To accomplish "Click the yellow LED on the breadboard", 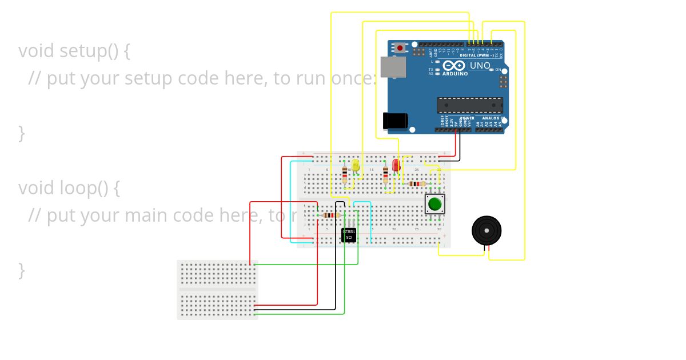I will click(356, 166).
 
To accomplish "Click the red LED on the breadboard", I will click(396, 166).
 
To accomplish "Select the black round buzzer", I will click(486, 230).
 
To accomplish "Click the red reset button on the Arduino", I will click(400, 48).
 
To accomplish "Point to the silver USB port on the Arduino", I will click(393, 67).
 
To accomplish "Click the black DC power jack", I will click(394, 121).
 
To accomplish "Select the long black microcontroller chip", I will click(470, 105).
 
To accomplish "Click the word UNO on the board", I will click(480, 66).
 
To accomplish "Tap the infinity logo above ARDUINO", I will click(454, 66).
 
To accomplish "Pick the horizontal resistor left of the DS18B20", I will click(329, 215).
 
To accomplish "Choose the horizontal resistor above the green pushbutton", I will click(417, 183).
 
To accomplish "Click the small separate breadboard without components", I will click(217, 289).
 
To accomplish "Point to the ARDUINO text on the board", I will click(454, 74).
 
